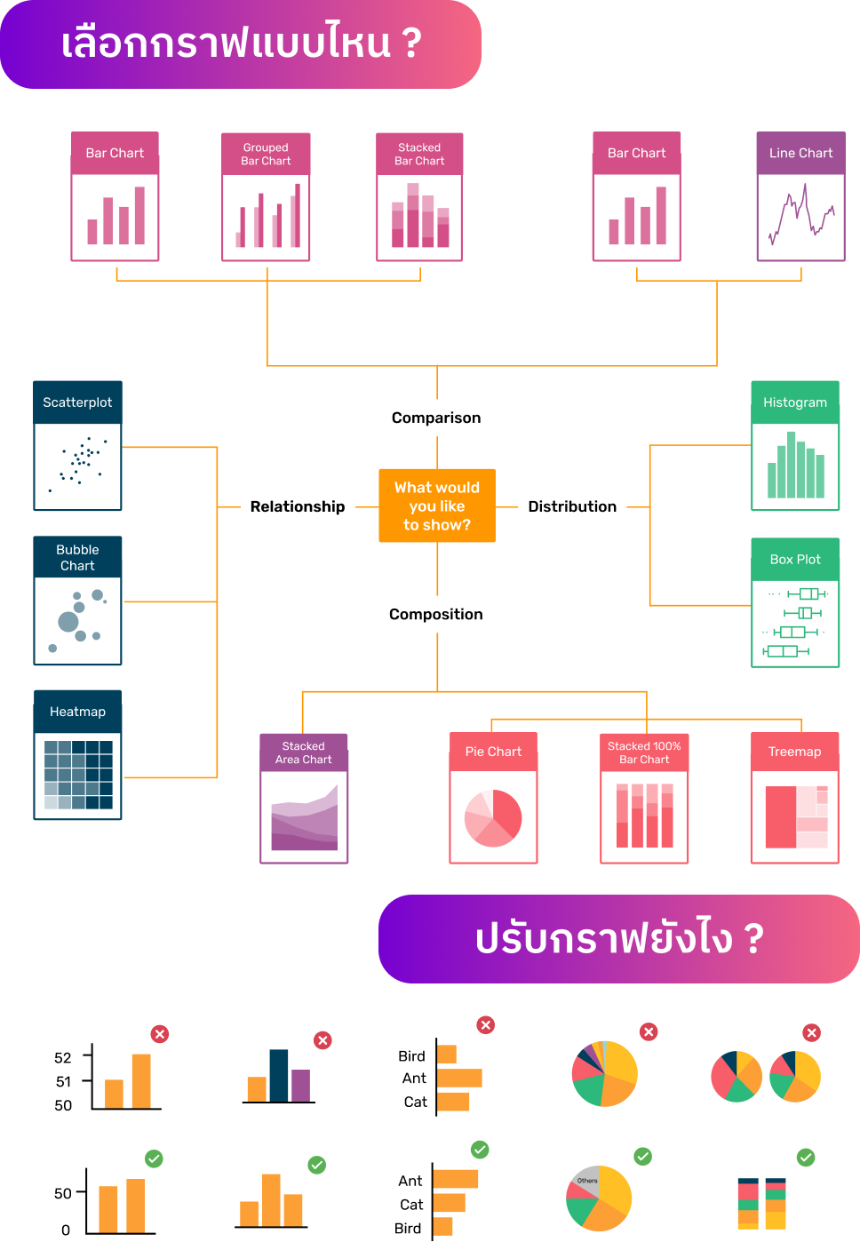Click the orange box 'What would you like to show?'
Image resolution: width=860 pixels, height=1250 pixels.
[x=436, y=506]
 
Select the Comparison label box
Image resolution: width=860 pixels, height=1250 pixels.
[x=436, y=418]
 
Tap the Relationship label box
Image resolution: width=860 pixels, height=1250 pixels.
[x=298, y=506]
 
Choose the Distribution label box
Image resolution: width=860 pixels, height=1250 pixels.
[x=572, y=506]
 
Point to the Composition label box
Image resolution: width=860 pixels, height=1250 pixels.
[x=436, y=614]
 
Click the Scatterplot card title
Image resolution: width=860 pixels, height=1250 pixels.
[x=77, y=402]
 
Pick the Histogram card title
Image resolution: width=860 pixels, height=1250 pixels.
[x=795, y=402]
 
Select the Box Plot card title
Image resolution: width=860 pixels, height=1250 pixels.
[x=795, y=560]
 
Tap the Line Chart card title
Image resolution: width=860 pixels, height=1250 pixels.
[x=800, y=153]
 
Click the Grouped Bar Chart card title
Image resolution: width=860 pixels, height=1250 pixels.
[x=266, y=154]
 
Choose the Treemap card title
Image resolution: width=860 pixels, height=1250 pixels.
[x=794, y=752]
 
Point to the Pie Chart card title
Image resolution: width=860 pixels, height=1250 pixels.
[x=493, y=752]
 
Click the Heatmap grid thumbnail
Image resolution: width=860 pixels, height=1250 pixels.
[x=78, y=775]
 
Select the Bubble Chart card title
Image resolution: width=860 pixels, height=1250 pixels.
[x=77, y=557]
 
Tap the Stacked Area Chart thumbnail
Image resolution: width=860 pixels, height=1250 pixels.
[x=304, y=816]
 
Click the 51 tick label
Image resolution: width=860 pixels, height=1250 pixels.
[x=63, y=1081]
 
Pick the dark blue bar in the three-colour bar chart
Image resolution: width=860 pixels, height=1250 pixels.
[x=278, y=1076]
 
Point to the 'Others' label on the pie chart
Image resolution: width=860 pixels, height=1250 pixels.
[x=587, y=1181]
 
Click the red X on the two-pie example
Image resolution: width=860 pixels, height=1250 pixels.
[x=811, y=1032]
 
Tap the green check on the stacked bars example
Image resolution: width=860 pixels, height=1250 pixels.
[x=806, y=1157]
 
